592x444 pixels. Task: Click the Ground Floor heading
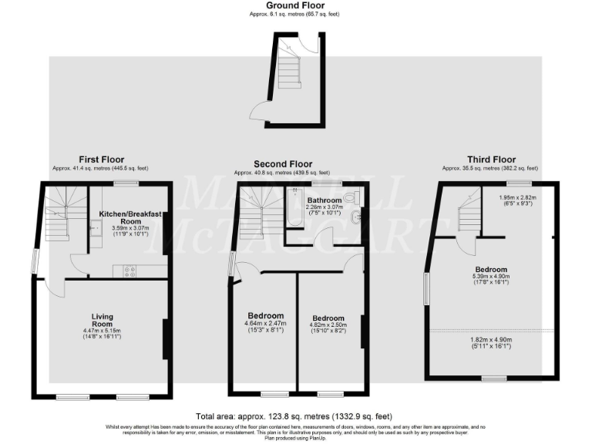(295, 5)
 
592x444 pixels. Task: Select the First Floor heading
(101, 160)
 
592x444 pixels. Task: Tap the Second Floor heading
(283, 163)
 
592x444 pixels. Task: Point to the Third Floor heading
(490, 160)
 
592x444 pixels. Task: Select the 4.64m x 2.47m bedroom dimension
(265, 325)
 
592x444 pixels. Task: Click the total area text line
(295, 415)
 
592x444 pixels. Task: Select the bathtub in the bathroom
(292, 208)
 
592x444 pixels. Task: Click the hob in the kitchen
(129, 271)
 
